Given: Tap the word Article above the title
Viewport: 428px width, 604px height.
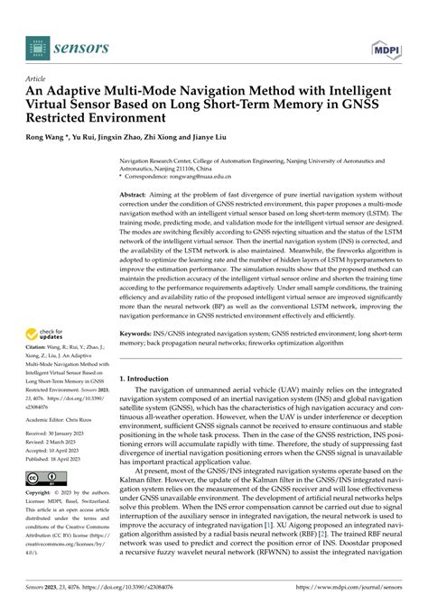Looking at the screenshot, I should click(x=37, y=78).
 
